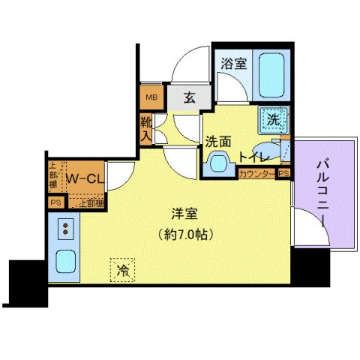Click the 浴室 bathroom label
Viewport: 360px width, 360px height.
(x=232, y=64)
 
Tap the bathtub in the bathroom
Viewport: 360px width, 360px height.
(x=267, y=74)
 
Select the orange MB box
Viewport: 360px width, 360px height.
(x=150, y=97)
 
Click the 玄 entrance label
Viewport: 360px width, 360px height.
(x=190, y=97)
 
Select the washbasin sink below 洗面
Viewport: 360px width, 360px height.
(x=217, y=161)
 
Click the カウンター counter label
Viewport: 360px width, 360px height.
(x=256, y=173)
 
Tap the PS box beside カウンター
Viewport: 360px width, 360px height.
(x=283, y=173)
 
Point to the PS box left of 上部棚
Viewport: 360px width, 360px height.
(x=55, y=202)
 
